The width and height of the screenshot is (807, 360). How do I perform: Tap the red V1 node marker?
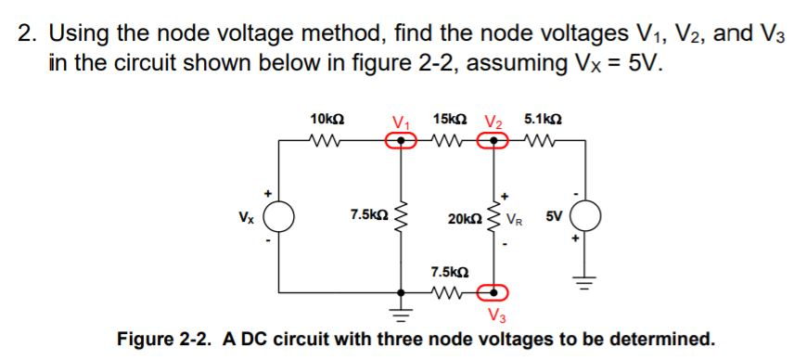(x=401, y=141)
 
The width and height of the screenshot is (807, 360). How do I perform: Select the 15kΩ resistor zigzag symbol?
(x=449, y=141)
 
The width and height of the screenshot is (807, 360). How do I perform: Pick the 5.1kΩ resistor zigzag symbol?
(x=544, y=141)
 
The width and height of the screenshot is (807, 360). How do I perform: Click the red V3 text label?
(x=497, y=315)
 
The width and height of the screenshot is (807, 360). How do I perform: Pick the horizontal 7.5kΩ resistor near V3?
(x=449, y=292)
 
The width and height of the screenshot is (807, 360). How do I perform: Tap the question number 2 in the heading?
(x=28, y=35)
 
